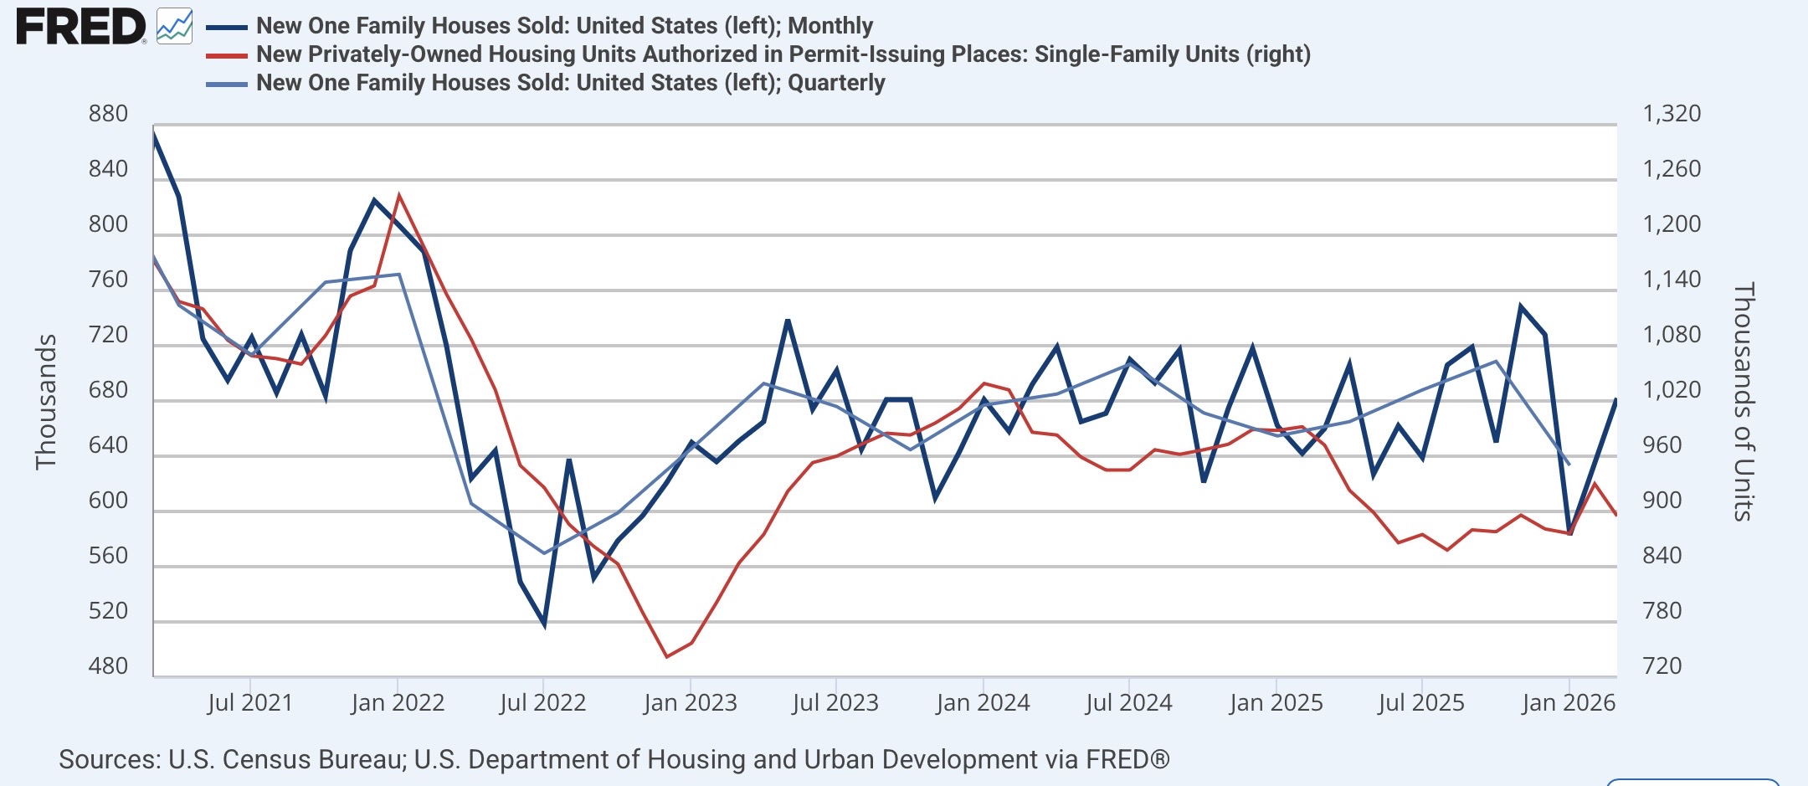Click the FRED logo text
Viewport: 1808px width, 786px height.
click(81, 27)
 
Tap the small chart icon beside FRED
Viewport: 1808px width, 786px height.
click(174, 27)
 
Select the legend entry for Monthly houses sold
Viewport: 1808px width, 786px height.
click(564, 26)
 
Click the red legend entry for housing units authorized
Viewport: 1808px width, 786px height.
click(783, 54)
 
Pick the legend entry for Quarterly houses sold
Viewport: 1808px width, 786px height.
click(570, 83)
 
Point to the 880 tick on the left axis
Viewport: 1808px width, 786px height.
click(108, 114)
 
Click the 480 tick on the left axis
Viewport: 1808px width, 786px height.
click(108, 666)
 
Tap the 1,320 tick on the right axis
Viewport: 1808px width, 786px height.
click(1672, 114)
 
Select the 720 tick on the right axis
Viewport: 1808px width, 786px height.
click(1662, 666)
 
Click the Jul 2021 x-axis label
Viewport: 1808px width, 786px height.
click(250, 702)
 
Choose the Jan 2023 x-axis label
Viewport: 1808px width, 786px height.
click(690, 702)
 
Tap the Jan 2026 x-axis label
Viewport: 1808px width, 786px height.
click(1568, 702)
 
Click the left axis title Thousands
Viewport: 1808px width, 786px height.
click(46, 402)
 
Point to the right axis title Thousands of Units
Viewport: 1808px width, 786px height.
click(1744, 402)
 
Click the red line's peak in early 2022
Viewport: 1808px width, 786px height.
click(398, 195)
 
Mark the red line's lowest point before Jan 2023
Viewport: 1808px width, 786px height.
click(666, 657)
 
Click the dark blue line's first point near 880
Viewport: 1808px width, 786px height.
click(155, 135)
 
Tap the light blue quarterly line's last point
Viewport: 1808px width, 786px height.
click(1569, 465)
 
